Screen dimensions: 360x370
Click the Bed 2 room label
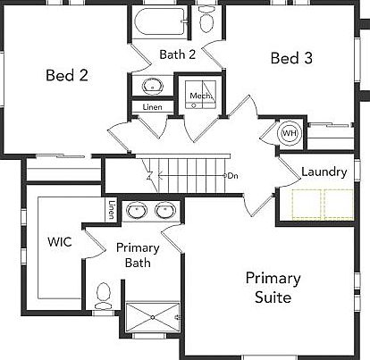tap(66, 75)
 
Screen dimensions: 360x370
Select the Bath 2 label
tap(178, 54)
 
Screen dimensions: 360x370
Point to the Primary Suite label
tap(273, 288)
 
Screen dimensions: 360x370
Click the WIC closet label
tap(59, 241)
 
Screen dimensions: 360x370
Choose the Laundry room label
tap(324, 172)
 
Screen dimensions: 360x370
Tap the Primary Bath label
tap(138, 255)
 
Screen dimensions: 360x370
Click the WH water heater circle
tap(290, 134)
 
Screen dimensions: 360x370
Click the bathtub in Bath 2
tap(161, 21)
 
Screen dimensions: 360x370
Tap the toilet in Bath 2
tap(206, 20)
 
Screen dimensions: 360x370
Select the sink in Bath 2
tap(152, 87)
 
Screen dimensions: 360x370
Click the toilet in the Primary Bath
tap(105, 293)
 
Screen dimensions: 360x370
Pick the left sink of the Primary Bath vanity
tap(137, 211)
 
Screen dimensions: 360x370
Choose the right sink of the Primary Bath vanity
tap(165, 211)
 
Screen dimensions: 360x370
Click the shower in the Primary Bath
tap(152, 319)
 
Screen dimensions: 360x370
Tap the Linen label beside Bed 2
tap(152, 108)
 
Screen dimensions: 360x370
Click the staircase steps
tap(183, 172)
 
